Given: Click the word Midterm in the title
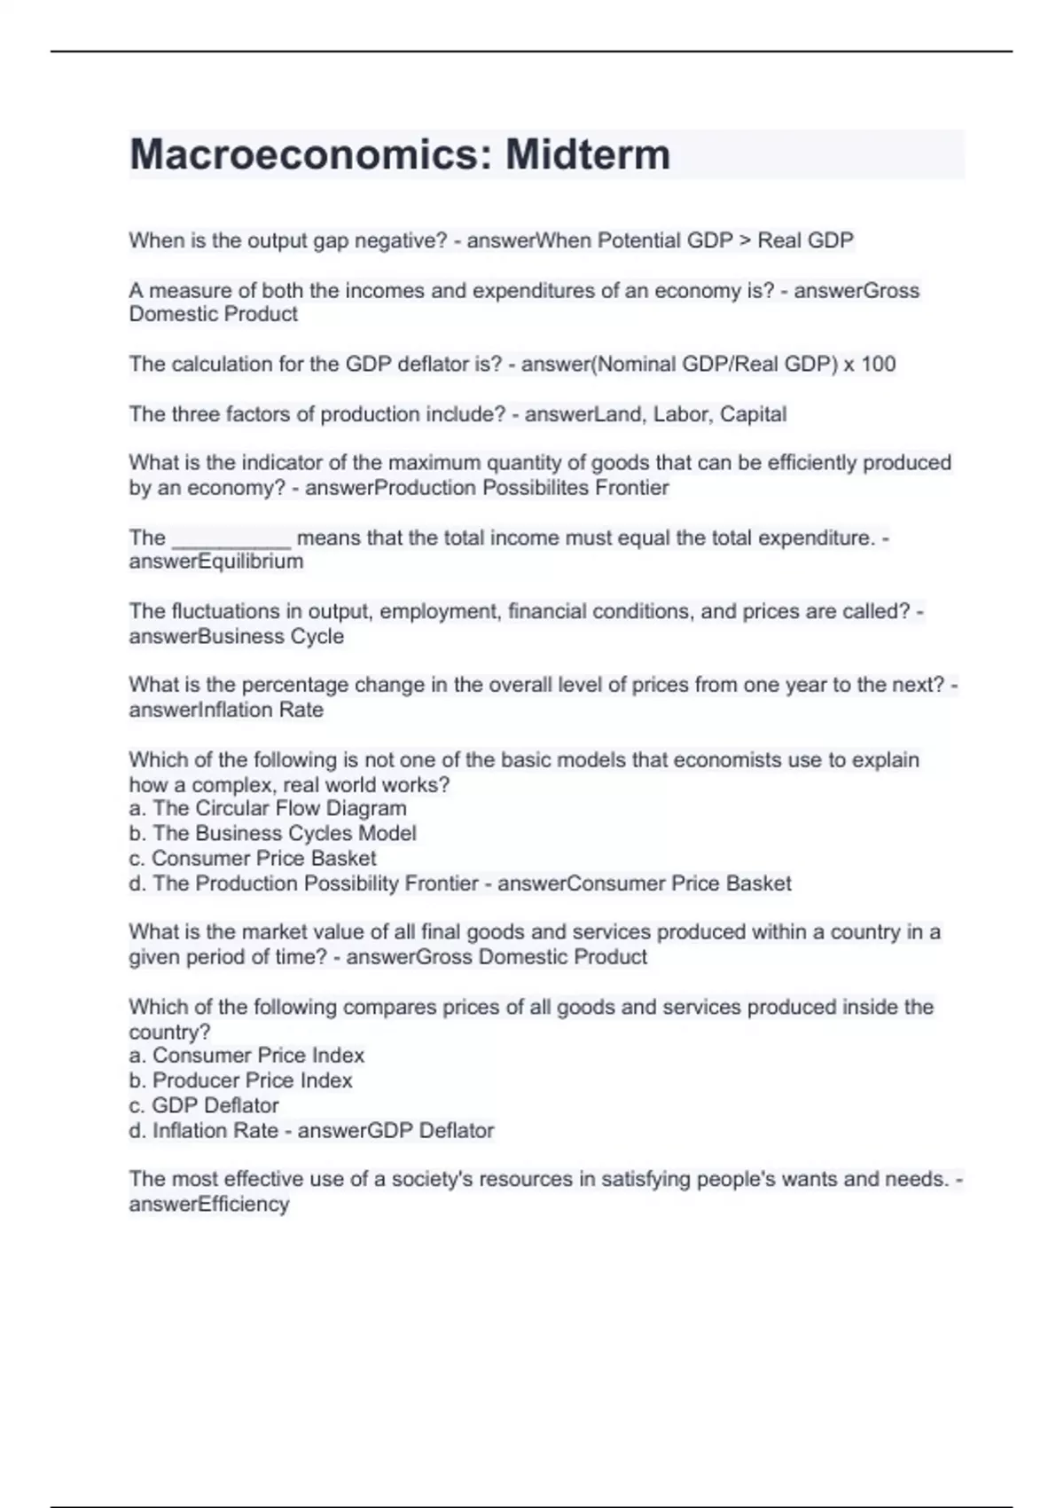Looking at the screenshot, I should pyautogui.click(x=587, y=154).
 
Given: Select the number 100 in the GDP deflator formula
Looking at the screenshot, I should pyautogui.click(x=878, y=364).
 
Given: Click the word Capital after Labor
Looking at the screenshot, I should pyautogui.click(x=753, y=414).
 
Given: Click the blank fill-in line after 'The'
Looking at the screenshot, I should pyautogui.click(x=231, y=538).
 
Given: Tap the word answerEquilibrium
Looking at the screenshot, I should pyautogui.click(x=216, y=562).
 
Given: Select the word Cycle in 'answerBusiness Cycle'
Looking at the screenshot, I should pyautogui.click(x=317, y=636).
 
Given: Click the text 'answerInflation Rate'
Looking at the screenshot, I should pyautogui.click(x=226, y=710).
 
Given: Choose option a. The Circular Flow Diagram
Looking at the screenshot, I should pyautogui.click(x=268, y=808).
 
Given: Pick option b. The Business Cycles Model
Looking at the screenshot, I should pyautogui.click(x=272, y=833).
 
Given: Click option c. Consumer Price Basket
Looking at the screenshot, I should pyautogui.click(x=253, y=858).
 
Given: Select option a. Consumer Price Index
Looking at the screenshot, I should pyautogui.click(x=246, y=1055).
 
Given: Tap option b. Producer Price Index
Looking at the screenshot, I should pyautogui.click(x=240, y=1080).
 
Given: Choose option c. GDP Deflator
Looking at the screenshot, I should pyautogui.click(x=204, y=1105).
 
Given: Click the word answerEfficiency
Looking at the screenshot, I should pyautogui.click(x=209, y=1204).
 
